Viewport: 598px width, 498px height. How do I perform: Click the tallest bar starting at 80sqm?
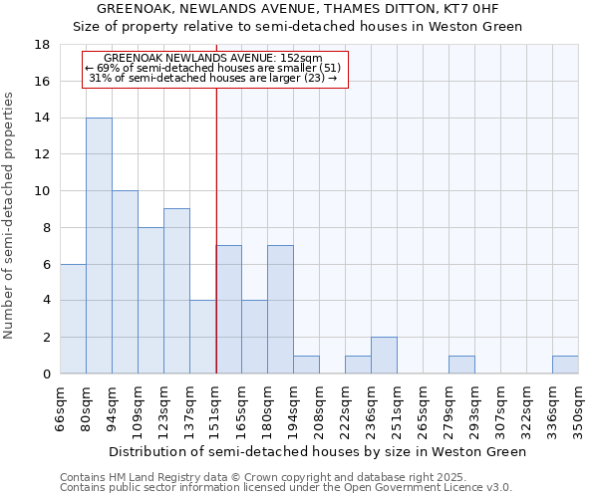click(x=99, y=246)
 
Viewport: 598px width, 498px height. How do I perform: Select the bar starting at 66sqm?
click(x=73, y=319)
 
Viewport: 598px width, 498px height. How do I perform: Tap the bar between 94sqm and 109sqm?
click(x=125, y=282)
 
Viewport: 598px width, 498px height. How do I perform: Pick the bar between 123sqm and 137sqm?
click(x=176, y=291)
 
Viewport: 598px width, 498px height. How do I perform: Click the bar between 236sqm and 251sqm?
click(x=384, y=356)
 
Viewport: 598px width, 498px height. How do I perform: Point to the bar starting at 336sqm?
click(x=565, y=365)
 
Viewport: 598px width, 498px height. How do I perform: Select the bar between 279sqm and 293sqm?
click(x=461, y=365)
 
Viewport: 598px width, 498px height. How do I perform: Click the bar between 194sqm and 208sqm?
click(x=306, y=365)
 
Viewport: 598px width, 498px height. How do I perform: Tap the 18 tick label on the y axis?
click(x=43, y=45)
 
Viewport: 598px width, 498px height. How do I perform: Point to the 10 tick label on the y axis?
click(x=43, y=191)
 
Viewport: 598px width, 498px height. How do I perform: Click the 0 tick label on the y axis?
click(x=47, y=374)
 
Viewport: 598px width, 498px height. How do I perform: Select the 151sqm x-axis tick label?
click(x=215, y=409)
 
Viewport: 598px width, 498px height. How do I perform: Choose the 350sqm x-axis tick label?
click(x=578, y=409)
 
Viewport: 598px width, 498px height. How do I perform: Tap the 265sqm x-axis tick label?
click(x=423, y=409)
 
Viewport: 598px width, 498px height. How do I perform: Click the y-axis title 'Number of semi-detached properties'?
click(x=9, y=215)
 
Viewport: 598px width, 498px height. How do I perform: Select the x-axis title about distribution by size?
click(x=317, y=451)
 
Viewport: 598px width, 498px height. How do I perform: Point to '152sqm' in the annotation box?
click(x=300, y=59)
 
